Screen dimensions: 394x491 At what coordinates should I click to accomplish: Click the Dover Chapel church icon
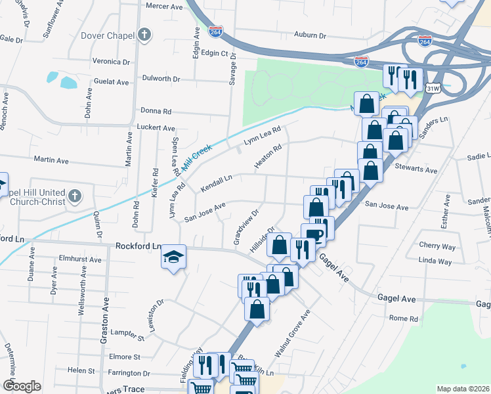coord(144,35)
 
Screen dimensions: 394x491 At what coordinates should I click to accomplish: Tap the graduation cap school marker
coord(174,255)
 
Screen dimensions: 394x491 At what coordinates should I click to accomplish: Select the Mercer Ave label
coord(163,6)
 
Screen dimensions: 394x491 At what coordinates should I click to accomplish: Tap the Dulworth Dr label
coord(161,79)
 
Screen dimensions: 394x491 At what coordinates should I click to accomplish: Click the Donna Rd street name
coord(155,112)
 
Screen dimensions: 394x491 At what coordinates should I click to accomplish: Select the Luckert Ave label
coord(156,127)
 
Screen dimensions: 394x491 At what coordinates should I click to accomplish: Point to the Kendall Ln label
coord(217,183)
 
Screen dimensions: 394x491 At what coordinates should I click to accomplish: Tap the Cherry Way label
coord(437,246)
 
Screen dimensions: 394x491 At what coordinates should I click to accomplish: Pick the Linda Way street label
coord(435,261)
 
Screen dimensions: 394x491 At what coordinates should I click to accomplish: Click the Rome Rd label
coord(403,318)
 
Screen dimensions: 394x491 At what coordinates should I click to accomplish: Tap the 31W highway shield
coord(432,87)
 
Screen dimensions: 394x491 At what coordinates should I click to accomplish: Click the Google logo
coord(21,385)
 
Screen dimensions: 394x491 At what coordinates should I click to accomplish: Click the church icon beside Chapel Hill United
coord(75,196)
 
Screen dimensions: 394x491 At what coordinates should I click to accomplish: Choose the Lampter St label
coord(127,337)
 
